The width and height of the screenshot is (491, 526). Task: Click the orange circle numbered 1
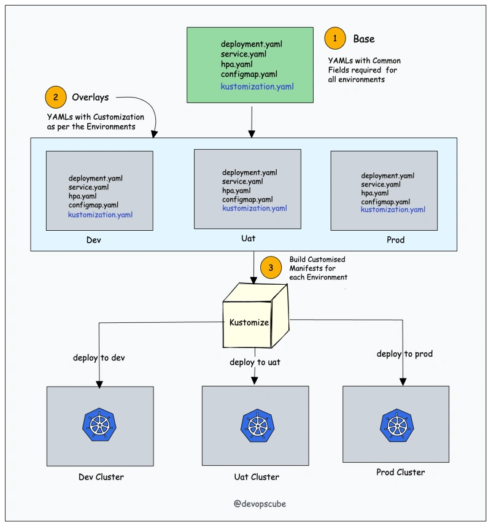334,38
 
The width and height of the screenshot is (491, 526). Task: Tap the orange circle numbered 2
56,98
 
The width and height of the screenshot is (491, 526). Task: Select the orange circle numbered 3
271,268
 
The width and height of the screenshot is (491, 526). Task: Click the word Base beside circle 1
364,39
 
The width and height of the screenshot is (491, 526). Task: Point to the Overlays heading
90,98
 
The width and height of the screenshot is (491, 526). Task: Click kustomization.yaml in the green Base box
257,87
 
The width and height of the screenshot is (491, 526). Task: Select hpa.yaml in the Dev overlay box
82,196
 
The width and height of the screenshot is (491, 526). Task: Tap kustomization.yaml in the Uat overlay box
255,208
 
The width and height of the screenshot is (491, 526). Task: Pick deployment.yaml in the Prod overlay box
388,176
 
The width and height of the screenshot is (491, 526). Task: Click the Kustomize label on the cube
249,322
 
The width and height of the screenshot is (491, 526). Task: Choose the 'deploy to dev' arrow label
99,358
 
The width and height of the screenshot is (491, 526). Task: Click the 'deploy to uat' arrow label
255,362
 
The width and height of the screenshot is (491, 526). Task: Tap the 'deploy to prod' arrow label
404,354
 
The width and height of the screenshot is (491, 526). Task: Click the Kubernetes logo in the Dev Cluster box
99,425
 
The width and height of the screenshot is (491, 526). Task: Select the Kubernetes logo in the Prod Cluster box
396,425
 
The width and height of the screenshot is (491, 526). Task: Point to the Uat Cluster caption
257,477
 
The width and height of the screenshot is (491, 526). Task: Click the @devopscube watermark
260,503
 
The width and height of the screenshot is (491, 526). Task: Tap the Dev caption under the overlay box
93,240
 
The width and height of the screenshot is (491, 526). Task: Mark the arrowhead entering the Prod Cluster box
403,382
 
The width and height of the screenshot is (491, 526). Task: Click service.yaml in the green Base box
244,54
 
